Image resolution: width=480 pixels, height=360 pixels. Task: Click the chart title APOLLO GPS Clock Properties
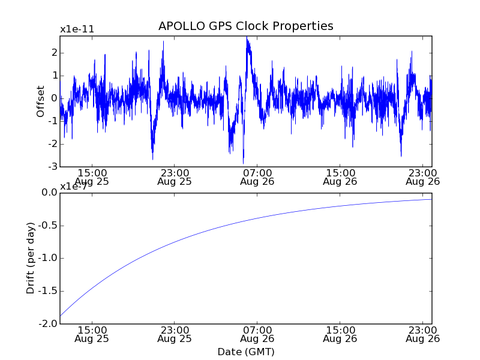pyautogui.click(x=245, y=26)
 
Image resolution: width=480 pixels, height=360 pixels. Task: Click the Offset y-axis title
pyautogui.click(x=41, y=101)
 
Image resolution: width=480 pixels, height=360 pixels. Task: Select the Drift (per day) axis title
pyautogui.click(x=31, y=257)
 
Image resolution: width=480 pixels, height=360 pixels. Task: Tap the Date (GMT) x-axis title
pyautogui.click(x=245, y=352)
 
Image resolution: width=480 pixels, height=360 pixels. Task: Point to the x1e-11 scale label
pyautogui.click(x=77, y=29)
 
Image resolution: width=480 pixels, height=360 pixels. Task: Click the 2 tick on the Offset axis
pyautogui.click(x=54, y=53)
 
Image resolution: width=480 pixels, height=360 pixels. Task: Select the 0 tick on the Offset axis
pyautogui.click(x=54, y=98)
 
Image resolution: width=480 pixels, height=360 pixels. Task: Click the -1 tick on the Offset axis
pyautogui.click(x=52, y=121)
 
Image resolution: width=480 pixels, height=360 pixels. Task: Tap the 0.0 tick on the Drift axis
pyautogui.click(x=49, y=193)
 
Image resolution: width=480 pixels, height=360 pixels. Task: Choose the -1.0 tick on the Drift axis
pyautogui.click(x=47, y=259)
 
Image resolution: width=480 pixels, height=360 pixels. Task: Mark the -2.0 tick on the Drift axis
pyautogui.click(x=47, y=324)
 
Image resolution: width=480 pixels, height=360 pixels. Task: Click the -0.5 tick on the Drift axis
pyautogui.click(x=47, y=226)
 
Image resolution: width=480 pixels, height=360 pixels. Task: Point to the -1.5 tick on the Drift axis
pyautogui.click(x=47, y=292)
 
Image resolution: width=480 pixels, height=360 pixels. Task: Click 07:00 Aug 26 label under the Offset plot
pyautogui.click(x=257, y=176)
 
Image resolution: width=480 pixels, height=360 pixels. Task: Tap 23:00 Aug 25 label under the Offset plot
pyautogui.click(x=174, y=176)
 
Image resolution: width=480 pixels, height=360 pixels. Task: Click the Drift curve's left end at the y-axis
pyautogui.click(x=61, y=316)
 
